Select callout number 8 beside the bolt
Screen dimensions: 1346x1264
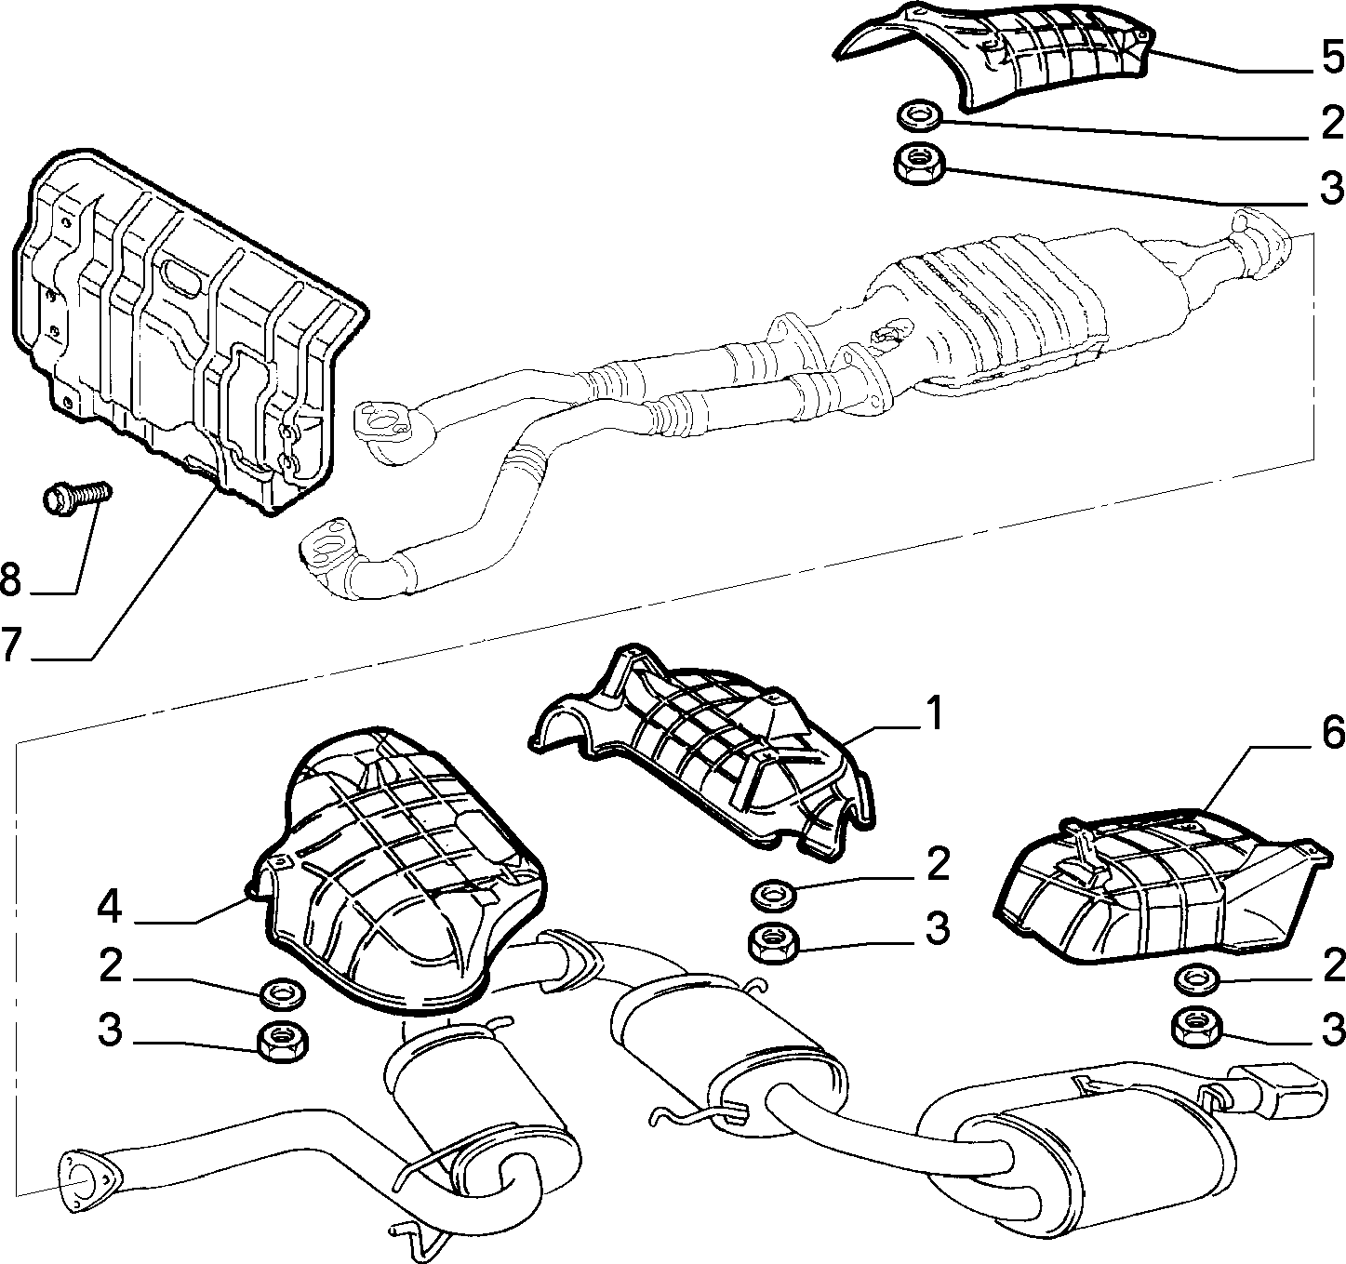[11, 580]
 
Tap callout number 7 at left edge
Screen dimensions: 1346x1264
[10, 645]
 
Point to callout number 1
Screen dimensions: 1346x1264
[935, 713]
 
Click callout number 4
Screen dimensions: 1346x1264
[109, 907]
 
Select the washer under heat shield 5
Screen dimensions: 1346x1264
[918, 113]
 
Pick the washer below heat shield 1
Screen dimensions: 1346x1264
[773, 895]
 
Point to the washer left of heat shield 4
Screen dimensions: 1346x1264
[283, 993]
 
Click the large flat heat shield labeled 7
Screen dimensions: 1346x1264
[183, 326]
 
